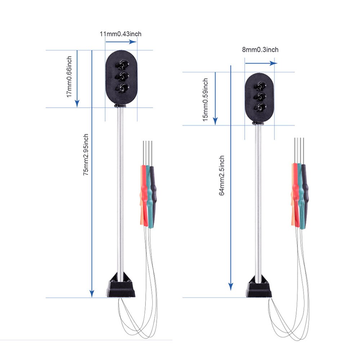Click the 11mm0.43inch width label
click(x=120, y=34)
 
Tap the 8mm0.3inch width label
click(x=260, y=50)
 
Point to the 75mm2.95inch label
click(x=86, y=155)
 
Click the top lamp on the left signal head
click(x=121, y=65)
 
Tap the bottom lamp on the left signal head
click(x=121, y=87)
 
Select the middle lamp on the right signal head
click(x=259, y=96)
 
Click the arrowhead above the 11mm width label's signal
click(x=134, y=42)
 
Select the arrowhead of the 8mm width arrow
click(x=274, y=63)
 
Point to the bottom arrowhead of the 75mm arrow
click(x=92, y=294)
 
